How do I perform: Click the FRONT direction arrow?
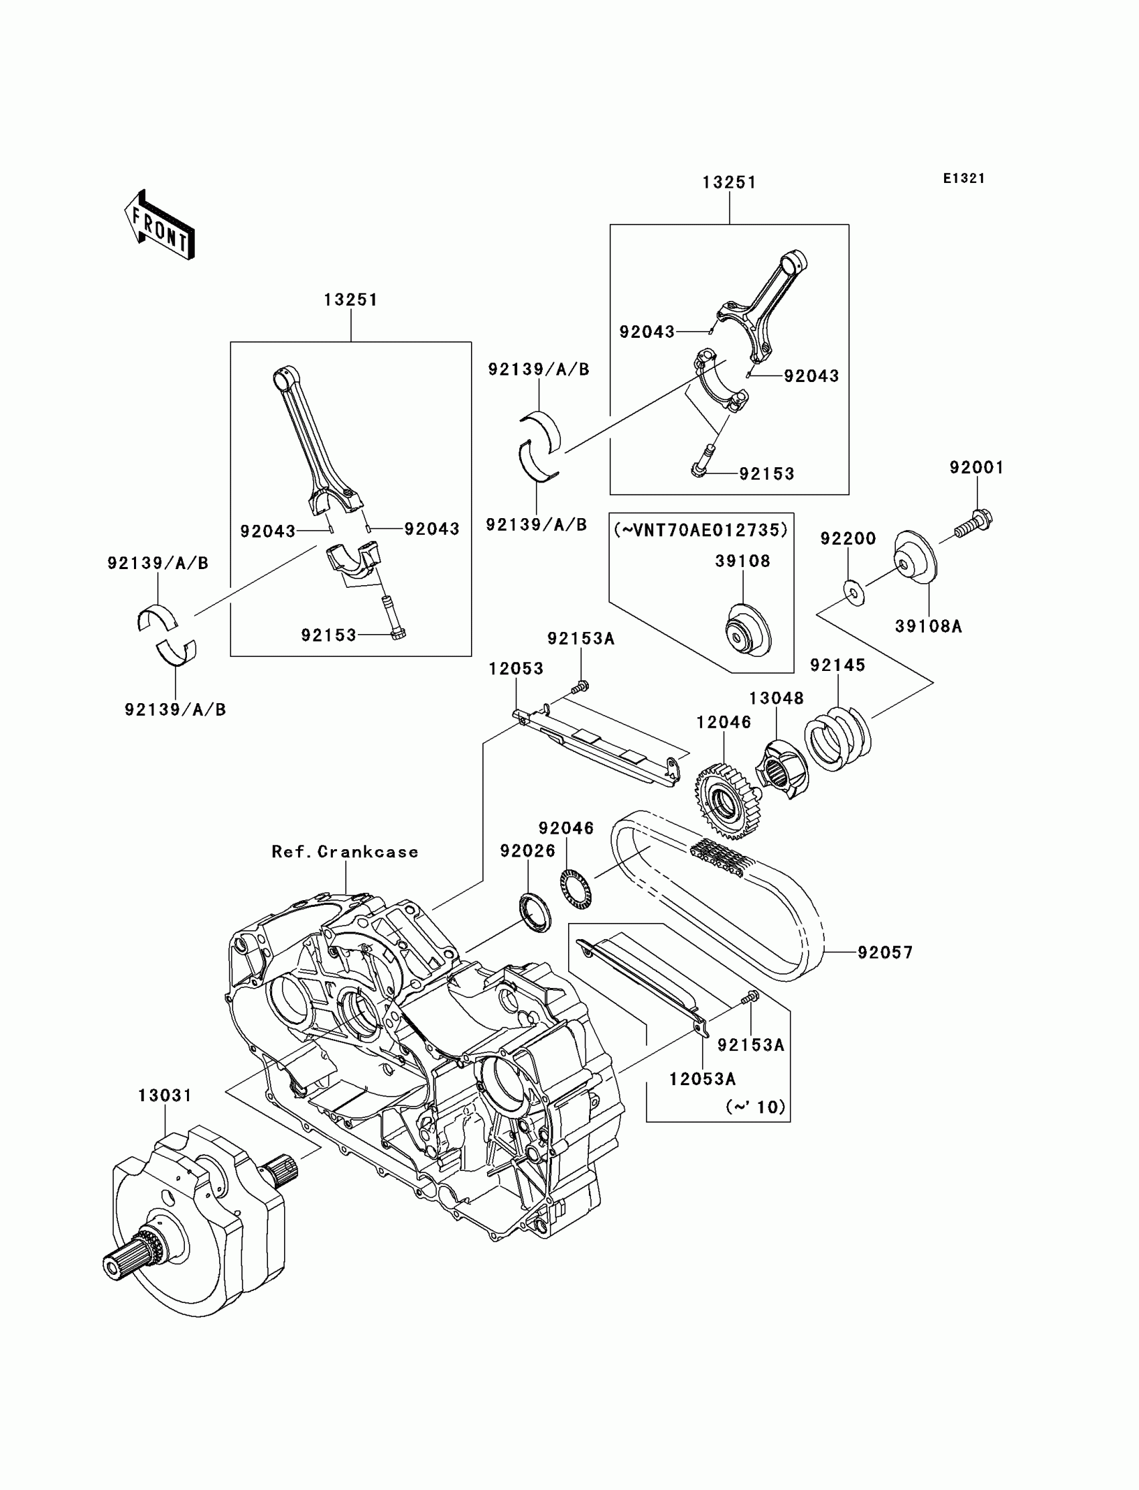(160, 227)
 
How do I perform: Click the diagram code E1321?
(963, 178)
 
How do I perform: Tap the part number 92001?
(976, 467)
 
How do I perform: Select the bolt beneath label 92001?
(975, 524)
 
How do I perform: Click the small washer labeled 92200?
(854, 592)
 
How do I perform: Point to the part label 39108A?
(928, 627)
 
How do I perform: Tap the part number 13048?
(777, 698)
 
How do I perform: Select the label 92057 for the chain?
(885, 953)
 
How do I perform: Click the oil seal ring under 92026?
(535, 914)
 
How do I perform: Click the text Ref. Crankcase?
(345, 852)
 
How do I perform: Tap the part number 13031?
(165, 1095)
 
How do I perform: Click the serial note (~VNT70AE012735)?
(701, 530)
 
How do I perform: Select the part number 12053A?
(702, 1079)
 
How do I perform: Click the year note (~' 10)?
(755, 1107)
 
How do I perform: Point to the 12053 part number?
(516, 669)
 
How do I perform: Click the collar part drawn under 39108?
(744, 632)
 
